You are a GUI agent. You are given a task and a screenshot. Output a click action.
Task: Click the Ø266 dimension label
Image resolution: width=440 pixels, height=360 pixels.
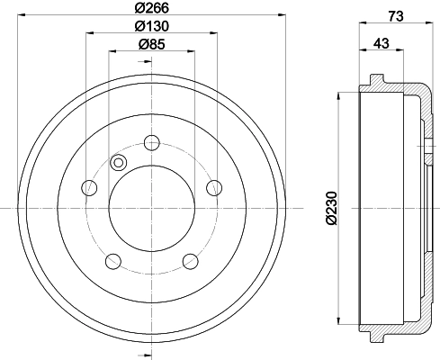[152, 8]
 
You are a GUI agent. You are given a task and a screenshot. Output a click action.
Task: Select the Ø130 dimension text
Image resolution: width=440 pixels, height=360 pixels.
[152, 26]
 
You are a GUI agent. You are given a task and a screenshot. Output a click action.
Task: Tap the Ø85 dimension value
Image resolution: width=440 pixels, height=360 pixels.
[152, 45]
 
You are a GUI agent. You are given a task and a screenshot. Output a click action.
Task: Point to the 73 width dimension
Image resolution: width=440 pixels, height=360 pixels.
[396, 16]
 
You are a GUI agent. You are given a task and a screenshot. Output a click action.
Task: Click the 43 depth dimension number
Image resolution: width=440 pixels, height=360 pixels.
[382, 43]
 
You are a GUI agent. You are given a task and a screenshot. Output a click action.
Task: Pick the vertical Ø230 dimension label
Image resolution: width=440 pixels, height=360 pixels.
[332, 208]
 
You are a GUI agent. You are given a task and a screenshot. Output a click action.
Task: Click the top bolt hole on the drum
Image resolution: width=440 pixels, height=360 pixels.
[152, 143]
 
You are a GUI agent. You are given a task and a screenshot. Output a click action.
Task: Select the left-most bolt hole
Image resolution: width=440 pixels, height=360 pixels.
[89, 188]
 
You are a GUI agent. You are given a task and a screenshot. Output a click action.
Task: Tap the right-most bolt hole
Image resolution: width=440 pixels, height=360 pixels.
[214, 188]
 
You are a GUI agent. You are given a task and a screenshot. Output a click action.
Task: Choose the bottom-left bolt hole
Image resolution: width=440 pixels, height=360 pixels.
[113, 261]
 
